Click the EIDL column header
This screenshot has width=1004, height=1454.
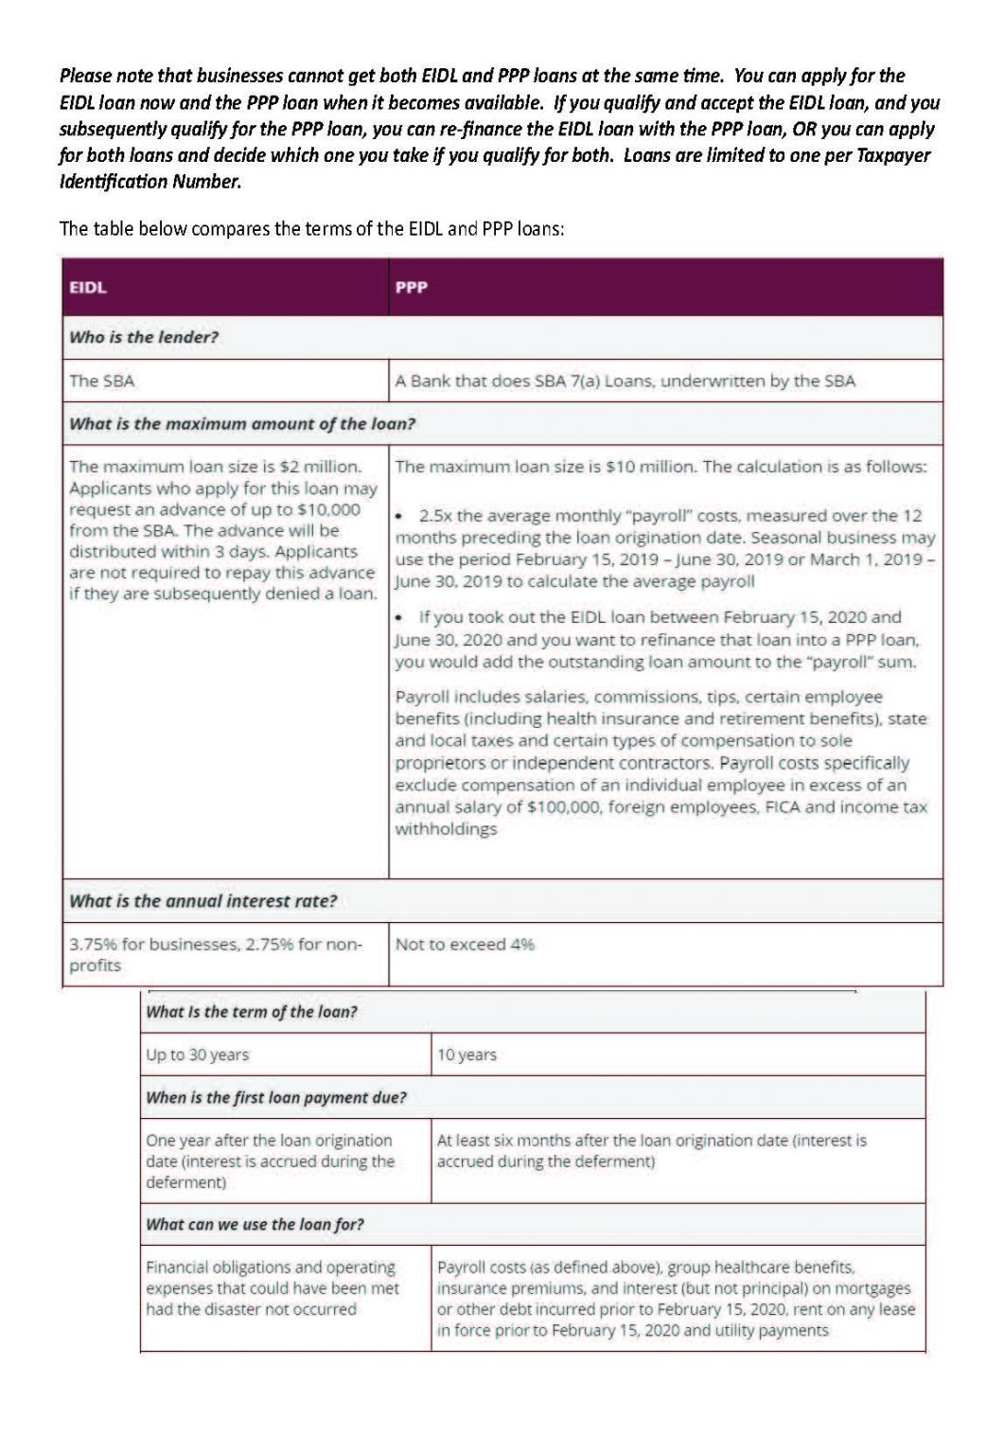pyautogui.click(x=88, y=288)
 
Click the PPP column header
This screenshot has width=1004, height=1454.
pyautogui.click(x=412, y=288)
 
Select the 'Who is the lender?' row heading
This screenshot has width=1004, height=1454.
pyautogui.click(x=144, y=337)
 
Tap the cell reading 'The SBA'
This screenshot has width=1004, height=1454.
pyautogui.click(x=102, y=381)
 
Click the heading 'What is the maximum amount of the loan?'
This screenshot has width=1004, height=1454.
pyautogui.click(x=242, y=424)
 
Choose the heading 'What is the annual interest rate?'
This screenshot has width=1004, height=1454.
pyautogui.click(x=203, y=901)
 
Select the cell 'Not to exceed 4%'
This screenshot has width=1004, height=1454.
pyautogui.click(x=465, y=945)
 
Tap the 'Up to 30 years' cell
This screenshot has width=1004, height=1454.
pyautogui.click(x=198, y=1055)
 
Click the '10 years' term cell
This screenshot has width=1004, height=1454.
pyautogui.click(x=467, y=1055)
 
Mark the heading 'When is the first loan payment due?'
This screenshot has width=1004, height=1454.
pyautogui.click(x=276, y=1098)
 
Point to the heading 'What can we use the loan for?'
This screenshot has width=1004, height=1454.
pyautogui.click(x=255, y=1224)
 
